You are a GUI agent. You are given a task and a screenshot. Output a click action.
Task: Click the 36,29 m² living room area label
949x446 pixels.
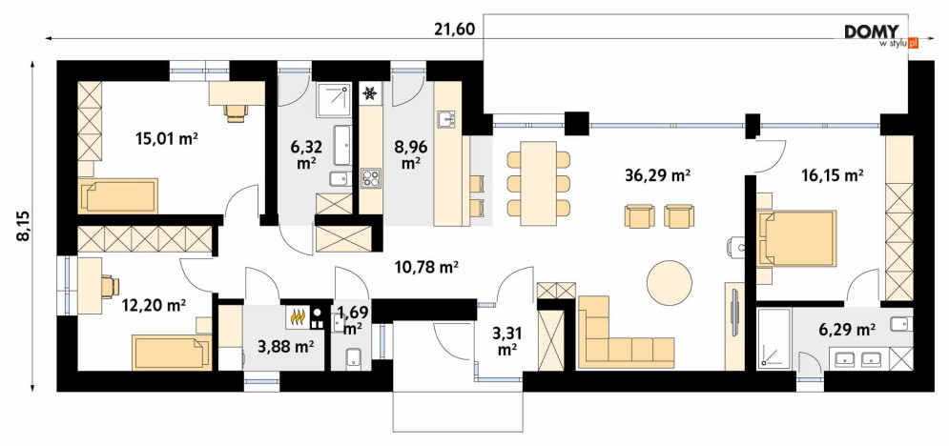click(x=657, y=176)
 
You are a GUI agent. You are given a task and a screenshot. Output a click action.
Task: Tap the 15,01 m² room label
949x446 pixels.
click(x=167, y=139)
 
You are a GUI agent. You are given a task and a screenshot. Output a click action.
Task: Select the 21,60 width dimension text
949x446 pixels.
click(x=454, y=29)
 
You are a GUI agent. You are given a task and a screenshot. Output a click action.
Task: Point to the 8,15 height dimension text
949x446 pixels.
click(x=23, y=226)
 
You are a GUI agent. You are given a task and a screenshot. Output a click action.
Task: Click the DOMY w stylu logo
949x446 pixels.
click(x=881, y=36)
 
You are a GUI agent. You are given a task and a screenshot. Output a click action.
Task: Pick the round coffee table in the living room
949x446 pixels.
click(x=669, y=282)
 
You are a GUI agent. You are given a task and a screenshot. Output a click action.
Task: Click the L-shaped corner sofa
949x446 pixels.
click(x=626, y=332)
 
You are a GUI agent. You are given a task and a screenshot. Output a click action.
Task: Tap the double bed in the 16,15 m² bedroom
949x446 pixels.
click(x=796, y=238)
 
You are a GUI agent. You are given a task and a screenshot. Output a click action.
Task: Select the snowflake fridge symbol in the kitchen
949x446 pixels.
click(x=369, y=93)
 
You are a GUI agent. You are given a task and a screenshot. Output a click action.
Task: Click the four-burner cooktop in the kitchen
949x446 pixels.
click(x=370, y=178)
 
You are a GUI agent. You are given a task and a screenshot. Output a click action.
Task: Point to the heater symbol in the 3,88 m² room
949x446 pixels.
click(x=297, y=316)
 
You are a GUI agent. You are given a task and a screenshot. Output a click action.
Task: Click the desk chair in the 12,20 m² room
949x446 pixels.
click(x=110, y=287)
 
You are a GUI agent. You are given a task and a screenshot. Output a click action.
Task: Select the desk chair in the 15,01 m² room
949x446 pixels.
click(x=236, y=112)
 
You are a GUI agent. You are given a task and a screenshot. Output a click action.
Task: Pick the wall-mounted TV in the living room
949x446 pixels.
click(x=734, y=315)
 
